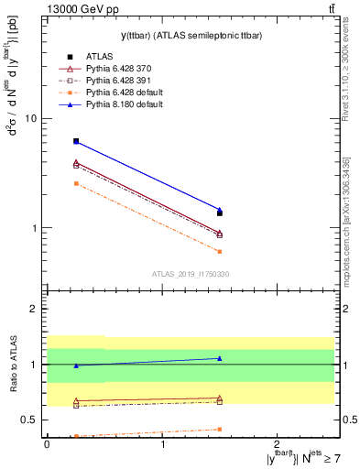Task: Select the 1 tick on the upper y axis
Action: pyautogui.click(x=38, y=228)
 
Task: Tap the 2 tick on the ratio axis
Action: pyautogui.click(x=38, y=310)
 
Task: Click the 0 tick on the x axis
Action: pyautogui.click(x=47, y=443)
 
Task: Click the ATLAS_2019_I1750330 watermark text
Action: pyautogui.click(x=190, y=274)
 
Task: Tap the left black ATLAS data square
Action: pyautogui.click(x=76, y=141)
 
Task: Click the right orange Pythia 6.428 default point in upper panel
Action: pyautogui.click(x=220, y=251)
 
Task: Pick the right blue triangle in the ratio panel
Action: pyautogui.click(x=220, y=358)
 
